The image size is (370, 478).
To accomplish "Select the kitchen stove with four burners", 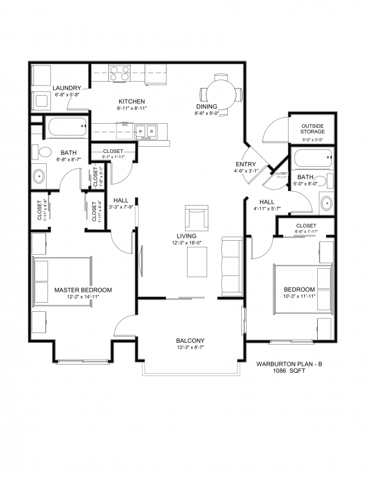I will (x=120, y=73).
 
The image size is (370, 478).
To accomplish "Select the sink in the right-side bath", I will (x=326, y=204).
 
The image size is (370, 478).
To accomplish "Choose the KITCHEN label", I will (x=131, y=101).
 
